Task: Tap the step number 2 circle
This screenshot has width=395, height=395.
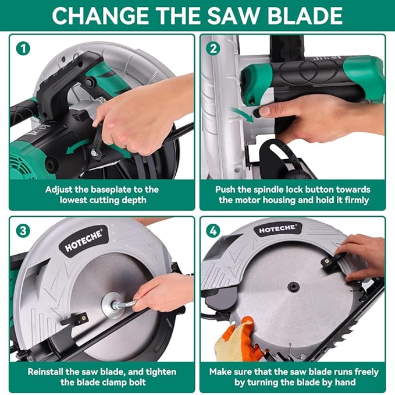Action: click(214, 49)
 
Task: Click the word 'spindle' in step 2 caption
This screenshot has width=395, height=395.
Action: click(261, 189)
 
